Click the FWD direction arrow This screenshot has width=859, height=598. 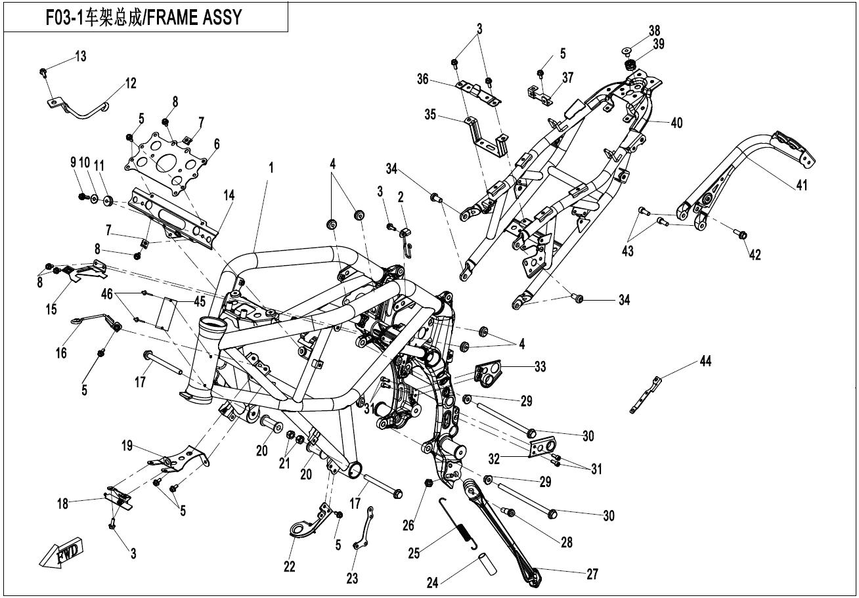coord(61,553)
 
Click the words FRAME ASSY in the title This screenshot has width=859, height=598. coord(194,17)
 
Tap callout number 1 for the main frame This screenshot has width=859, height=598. coord(271,167)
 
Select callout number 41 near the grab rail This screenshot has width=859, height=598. coord(802,185)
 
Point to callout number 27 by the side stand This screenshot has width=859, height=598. coord(592,574)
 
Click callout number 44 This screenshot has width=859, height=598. coord(705,361)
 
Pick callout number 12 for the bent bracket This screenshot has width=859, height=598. coord(131,83)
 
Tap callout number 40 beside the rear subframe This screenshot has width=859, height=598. coord(676,123)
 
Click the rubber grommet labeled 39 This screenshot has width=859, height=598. coord(629,65)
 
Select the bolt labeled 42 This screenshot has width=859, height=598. coord(740,234)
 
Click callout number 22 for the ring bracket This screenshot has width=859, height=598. coord(289,566)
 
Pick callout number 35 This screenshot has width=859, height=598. coord(430,114)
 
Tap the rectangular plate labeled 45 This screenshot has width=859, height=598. coord(165,314)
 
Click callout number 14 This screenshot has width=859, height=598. coord(229,195)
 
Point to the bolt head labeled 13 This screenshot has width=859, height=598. coord(43,72)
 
